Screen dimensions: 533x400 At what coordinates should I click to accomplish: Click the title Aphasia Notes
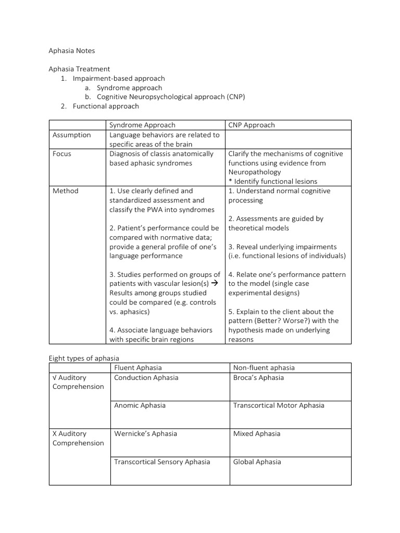click(x=72, y=51)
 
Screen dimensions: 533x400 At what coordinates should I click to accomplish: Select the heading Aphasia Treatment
click(x=79, y=69)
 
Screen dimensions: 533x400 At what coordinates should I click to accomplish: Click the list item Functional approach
click(x=106, y=106)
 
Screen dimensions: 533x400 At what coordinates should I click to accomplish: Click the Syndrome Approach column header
click(x=142, y=125)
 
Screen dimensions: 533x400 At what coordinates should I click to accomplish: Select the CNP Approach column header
click(x=252, y=125)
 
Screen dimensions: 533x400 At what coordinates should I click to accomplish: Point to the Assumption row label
click(x=72, y=135)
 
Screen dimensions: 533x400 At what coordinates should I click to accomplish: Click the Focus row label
click(x=63, y=154)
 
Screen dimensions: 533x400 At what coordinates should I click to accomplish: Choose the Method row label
click(x=66, y=191)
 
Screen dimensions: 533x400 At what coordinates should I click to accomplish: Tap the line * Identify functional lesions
click(x=273, y=181)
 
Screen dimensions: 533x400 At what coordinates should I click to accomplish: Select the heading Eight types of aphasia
click(x=84, y=358)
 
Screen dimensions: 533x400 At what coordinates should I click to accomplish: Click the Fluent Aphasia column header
click(x=138, y=368)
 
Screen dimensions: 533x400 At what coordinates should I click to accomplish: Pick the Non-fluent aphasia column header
click(x=264, y=368)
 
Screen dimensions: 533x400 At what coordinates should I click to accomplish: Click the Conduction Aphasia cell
click(x=146, y=377)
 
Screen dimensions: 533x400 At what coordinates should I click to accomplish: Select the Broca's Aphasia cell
click(x=258, y=377)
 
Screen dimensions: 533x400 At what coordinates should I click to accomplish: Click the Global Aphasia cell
click(x=257, y=462)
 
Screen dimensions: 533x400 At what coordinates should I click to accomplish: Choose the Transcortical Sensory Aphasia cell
click(x=162, y=462)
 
